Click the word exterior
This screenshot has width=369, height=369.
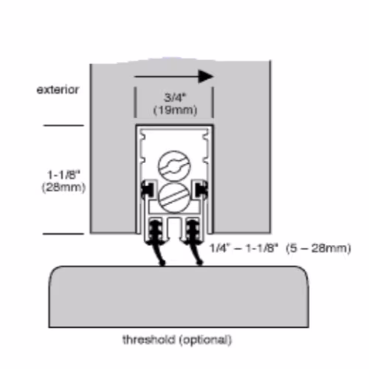click(58, 90)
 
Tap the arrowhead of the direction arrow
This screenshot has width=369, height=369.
click(206, 77)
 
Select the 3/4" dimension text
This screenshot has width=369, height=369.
click(174, 97)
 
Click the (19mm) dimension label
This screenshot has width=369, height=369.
click(175, 110)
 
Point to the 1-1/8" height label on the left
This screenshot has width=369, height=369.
click(63, 175)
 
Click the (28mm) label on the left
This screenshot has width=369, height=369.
click(63, 187)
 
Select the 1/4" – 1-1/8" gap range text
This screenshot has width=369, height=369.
click(244, 248)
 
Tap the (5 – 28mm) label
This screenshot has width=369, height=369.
click(318, 248)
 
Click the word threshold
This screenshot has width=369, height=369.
click(149, 339)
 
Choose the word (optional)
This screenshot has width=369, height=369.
click(205, 340)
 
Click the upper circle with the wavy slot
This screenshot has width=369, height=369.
click(174, 166)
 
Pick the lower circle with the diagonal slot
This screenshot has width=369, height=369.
click(174, 198)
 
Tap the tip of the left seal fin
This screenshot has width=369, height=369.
click(162, 263)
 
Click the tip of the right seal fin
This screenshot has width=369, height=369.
click(200, 263)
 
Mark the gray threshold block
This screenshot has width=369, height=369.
click(179, 297)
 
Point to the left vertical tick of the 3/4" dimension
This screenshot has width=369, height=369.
click(135, 103)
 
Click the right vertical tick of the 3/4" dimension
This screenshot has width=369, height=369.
click(213, 103)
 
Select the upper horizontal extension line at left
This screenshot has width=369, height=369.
click(63, 125)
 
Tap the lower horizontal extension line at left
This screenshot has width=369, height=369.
click(63, 234)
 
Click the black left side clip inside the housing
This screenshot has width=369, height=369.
click(148, 190)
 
